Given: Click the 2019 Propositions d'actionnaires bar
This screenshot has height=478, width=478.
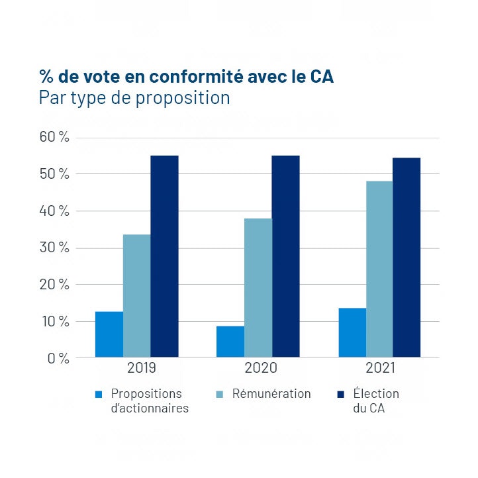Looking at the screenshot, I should [x=109, y=334].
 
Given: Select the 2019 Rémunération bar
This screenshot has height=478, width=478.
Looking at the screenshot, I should [x=136, y=296].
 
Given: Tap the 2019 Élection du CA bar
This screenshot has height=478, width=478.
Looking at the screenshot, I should [x=164, y=257].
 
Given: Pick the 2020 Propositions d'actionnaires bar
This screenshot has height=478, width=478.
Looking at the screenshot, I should [x=230, y=342].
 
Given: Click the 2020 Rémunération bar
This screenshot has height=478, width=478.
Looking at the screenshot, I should [x=258, y=288].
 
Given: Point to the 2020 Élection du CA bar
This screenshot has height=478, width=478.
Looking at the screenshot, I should [x=285, y=257].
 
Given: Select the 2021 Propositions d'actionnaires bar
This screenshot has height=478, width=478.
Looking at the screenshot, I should [x=352, y=333].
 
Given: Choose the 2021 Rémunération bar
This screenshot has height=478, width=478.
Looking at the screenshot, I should [x=379, y=269].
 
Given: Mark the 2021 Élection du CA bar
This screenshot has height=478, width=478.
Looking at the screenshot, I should [x=406, y=258].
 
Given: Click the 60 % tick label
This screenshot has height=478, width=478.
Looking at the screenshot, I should [x=54, y=138].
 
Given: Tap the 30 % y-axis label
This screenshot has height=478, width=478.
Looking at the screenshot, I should [x=54, y=248].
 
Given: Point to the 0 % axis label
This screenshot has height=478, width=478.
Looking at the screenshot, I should [x=58, y=358].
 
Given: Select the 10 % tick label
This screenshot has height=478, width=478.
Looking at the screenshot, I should [x=54, y=322].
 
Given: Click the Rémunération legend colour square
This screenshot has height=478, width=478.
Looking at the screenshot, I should [x=220, y=395].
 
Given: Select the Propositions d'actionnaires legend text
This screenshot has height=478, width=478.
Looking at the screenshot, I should [x=150, y=401].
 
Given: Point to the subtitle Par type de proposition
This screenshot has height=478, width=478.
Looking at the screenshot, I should [x=134, y=98].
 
